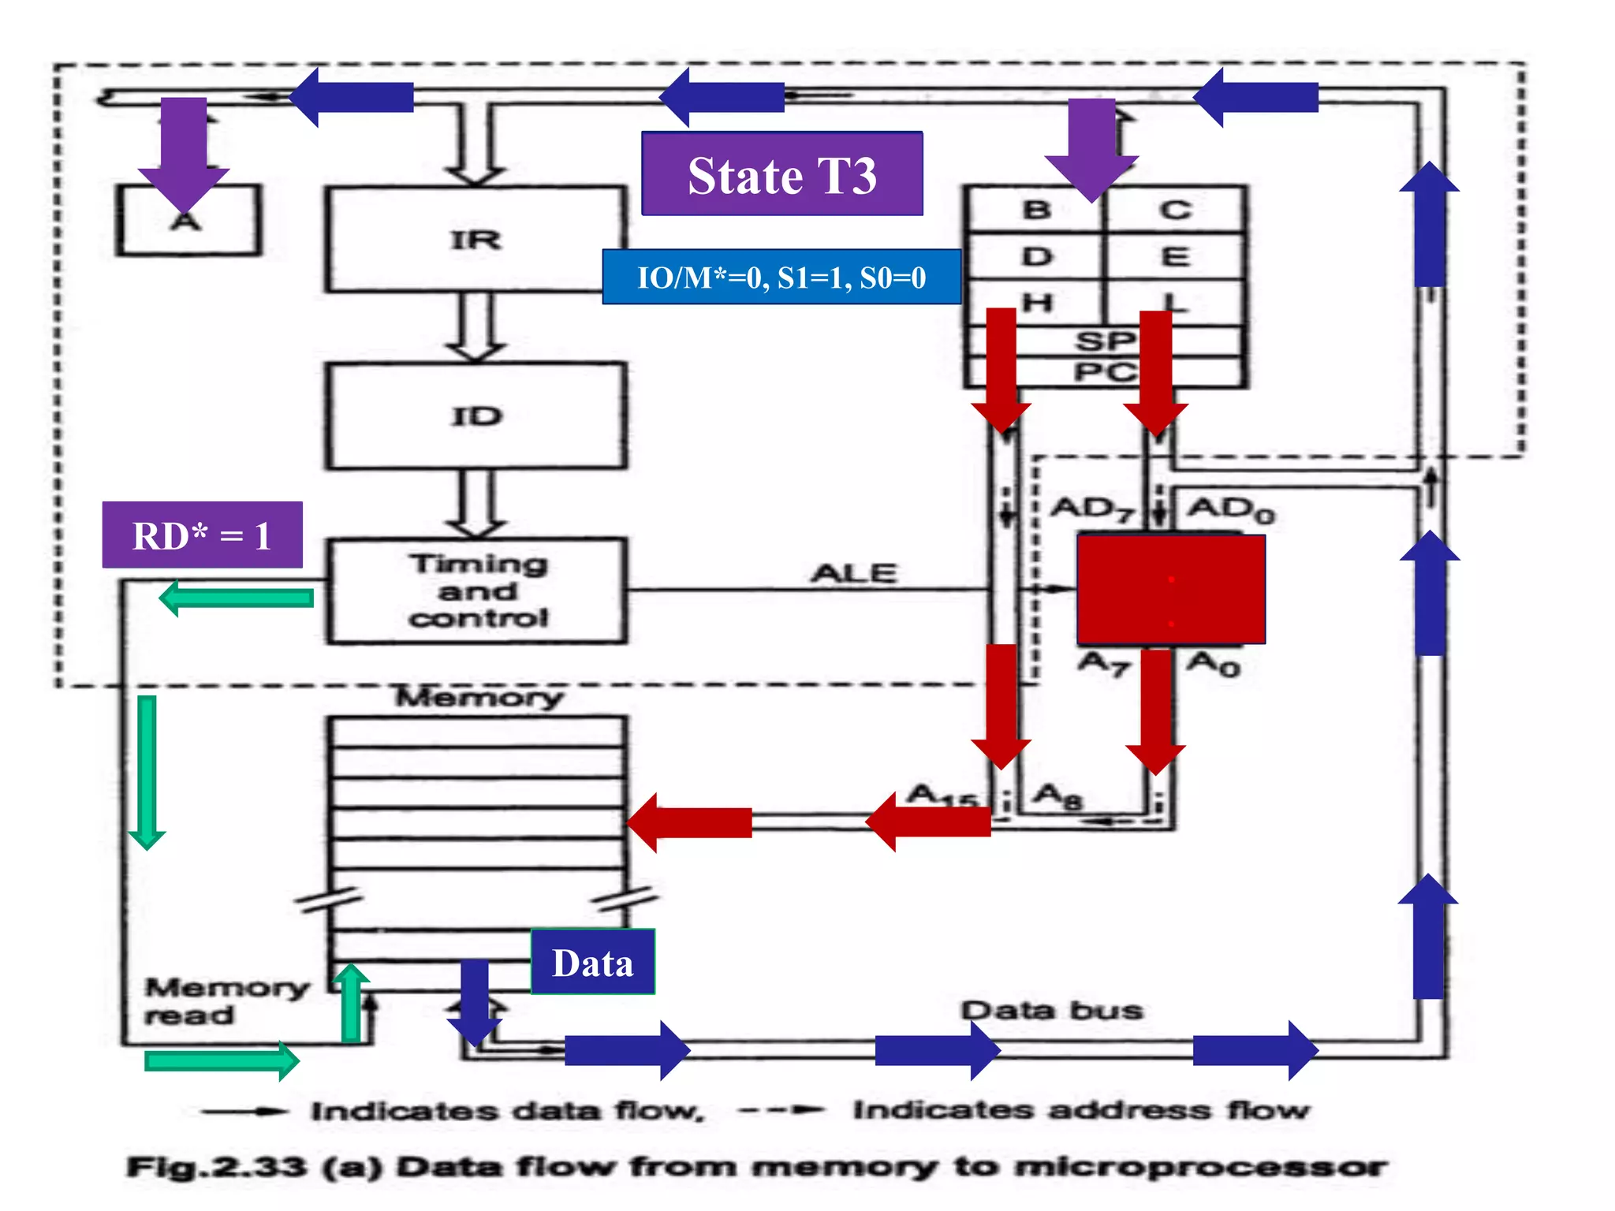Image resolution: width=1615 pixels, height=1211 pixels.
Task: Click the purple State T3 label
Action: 781,174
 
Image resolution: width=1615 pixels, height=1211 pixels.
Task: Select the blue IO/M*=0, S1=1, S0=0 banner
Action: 781,278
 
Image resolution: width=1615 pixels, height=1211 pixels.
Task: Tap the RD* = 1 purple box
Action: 202,535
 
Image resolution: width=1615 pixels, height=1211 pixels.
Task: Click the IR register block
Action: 476,239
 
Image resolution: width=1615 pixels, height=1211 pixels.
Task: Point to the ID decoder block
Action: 476,415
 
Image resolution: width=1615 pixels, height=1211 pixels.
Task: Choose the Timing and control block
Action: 477,591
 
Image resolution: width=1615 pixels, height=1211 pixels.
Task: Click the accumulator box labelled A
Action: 188,221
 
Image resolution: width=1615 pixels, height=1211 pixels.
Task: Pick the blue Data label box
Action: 592,962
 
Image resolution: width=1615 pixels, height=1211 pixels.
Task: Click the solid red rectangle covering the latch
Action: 1171,589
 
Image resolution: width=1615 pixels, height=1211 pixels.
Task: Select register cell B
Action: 1036,210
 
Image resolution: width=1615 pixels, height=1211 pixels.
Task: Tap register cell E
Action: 1174,256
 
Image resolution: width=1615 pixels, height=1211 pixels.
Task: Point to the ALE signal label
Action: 854,573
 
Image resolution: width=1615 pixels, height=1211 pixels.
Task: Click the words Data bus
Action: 1051,1010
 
